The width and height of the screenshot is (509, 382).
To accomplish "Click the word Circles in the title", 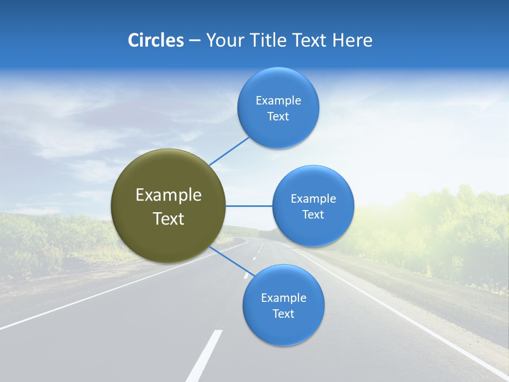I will [x=155, y=40].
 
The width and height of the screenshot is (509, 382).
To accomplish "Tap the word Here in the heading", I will [x=352, y=40].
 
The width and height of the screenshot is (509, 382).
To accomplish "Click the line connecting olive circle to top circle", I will [x=229, y=151].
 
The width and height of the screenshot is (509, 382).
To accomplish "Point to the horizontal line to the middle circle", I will [x=249, y=206].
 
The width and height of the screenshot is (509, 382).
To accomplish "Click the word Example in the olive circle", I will [x=169, y=195].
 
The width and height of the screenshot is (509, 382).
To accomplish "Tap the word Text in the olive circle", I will [x=169, y=219].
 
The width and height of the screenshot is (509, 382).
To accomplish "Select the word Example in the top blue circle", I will [x=278, y=101].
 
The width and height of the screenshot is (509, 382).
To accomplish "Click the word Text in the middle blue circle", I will [x=313, y=214].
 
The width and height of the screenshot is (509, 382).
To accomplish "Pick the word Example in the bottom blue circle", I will [x=284, y=298].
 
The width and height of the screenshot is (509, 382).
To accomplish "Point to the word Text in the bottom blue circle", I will [x=284, y=314].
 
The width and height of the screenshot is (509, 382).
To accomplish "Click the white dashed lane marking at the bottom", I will [x=205, y=355].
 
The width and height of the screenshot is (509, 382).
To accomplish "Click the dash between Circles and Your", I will [x=195, y=41].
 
